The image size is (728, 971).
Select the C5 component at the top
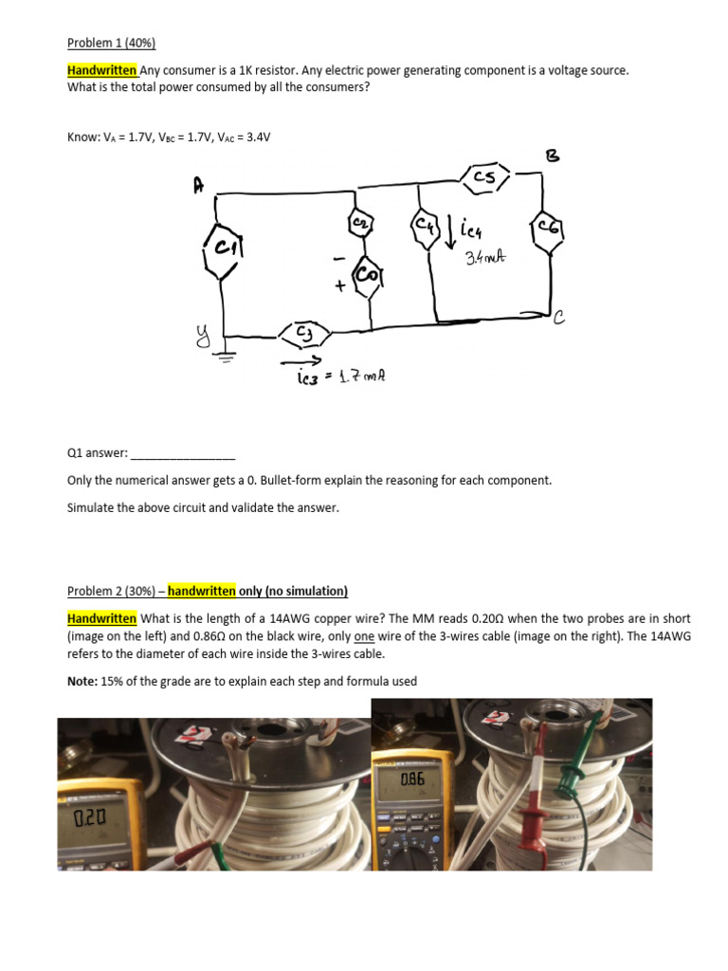point(485,176)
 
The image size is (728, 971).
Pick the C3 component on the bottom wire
point(303,334)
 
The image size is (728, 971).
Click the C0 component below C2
point(368,274)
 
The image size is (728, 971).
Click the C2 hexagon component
point(360,222)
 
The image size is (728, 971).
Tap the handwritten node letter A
point(198,187)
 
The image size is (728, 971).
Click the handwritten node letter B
point(554,156)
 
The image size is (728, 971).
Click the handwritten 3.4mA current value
point(483,257)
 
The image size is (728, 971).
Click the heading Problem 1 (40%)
point(111,43)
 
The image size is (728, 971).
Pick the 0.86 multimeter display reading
point(412,779)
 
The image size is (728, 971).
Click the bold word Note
point(83,681)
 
